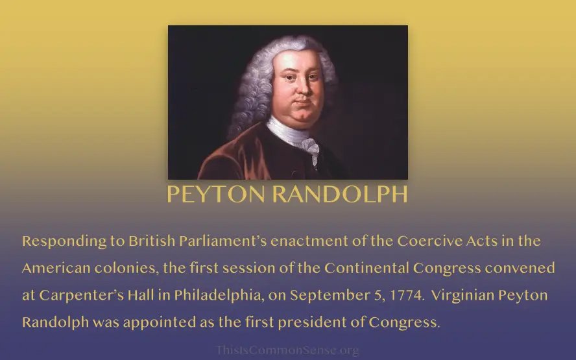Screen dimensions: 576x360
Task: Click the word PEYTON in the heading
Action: [x=216, y=194]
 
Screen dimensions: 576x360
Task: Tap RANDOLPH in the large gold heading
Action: [x=340, y=194]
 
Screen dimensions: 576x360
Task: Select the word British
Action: [x=152, y=241]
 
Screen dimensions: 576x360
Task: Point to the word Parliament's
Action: [x=222, y=241]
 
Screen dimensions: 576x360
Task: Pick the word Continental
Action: [x=366, y=268]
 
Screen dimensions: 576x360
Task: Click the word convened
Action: [x=520, y=268]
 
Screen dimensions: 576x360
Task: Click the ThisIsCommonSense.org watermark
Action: [x=287, y=350]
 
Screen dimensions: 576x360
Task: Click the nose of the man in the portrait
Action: [x=302, y=88]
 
